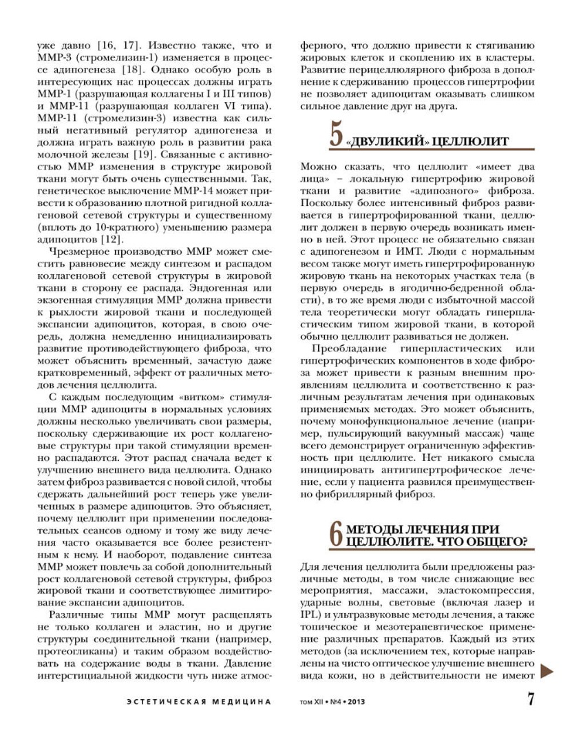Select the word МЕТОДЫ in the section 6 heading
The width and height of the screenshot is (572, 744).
(x=377, y=528)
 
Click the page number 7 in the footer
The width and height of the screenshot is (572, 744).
(x=531, y=700)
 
